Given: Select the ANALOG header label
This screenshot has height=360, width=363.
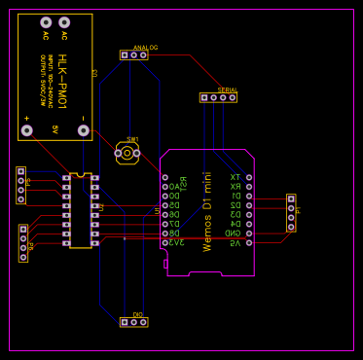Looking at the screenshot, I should (145, 47).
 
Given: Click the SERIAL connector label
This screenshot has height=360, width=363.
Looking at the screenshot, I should (227, 90).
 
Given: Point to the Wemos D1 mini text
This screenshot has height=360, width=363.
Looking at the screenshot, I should (206, 211).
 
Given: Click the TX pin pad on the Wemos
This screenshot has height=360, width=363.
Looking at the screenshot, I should (249, 177).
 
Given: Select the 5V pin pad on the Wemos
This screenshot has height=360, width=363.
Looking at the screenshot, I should (249, 242).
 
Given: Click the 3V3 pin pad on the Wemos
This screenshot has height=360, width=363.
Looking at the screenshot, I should (165, 242).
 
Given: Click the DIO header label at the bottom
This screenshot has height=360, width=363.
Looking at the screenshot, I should (137, 314).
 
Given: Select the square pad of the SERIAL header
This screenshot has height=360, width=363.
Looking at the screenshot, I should (204, 97).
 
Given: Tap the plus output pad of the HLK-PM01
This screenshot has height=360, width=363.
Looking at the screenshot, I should (26, 130).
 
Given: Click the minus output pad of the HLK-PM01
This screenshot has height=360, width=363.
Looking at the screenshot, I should (83, 130).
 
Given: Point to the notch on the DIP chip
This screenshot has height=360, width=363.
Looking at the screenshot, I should (80, 175).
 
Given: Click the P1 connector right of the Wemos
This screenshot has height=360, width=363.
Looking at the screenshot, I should (290, 212).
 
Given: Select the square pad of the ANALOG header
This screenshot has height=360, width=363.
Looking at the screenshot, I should (125, 55).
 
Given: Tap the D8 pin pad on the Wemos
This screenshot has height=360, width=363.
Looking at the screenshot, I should (165, 234).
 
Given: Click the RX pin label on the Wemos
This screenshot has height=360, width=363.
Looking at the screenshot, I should (235, 187).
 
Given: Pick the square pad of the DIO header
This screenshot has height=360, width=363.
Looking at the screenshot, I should (125, 322).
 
